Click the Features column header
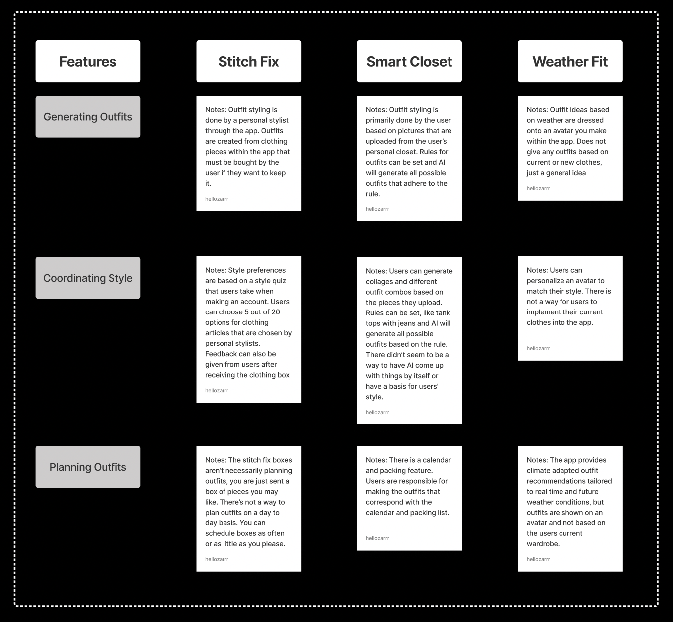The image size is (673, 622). [x=88, y=61]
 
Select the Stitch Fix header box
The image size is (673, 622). [x=248, y=61]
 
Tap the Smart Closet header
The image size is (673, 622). [x=409, y=61]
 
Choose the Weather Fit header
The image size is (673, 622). [x=570, y=61]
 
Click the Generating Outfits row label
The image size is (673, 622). [x=88, y=117]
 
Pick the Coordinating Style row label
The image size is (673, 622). [x=88, y=278]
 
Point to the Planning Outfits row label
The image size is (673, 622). [x=88, y=467]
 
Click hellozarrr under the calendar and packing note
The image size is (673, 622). [x=377, y=538]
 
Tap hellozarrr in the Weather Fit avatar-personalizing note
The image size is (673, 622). [x=538, y=348]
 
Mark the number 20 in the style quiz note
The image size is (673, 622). [x=275, y=312]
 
